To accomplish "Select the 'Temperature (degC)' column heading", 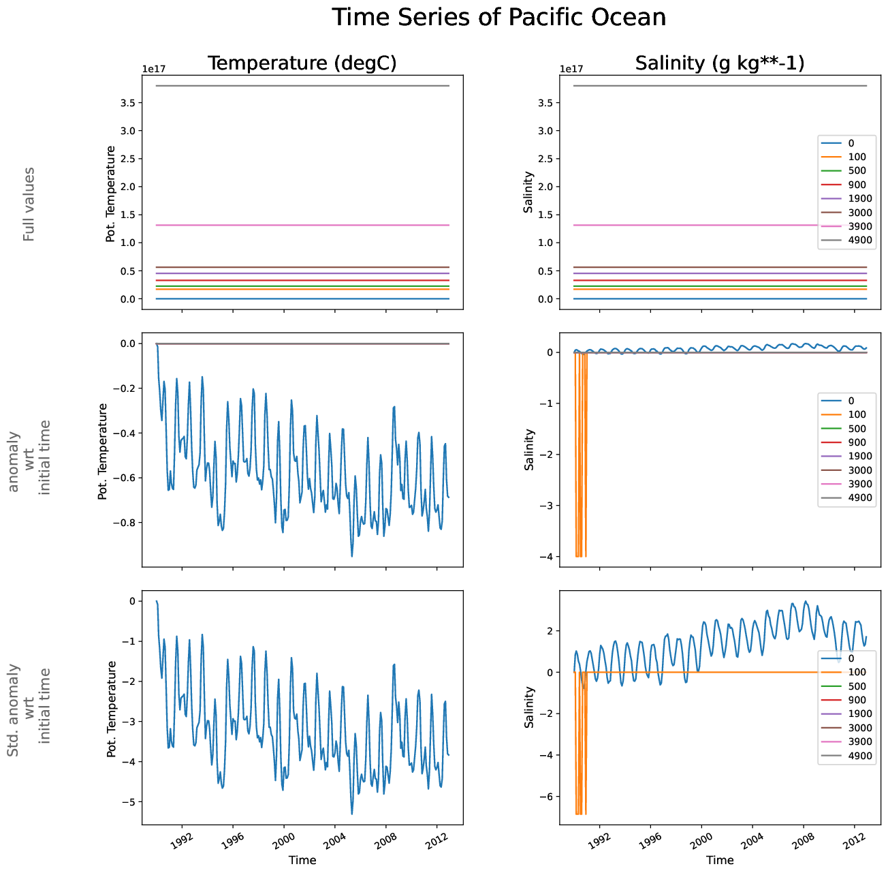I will tap(302, 63).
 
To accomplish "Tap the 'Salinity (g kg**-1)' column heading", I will tap(720, 63).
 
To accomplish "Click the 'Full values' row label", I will tap(29, 204).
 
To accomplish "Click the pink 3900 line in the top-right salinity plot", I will tap(681, 225).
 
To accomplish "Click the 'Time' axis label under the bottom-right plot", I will tap(720, 860).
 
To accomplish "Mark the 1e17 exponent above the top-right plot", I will tap(571, 69).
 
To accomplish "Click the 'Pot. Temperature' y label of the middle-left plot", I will tap(104, 451).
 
